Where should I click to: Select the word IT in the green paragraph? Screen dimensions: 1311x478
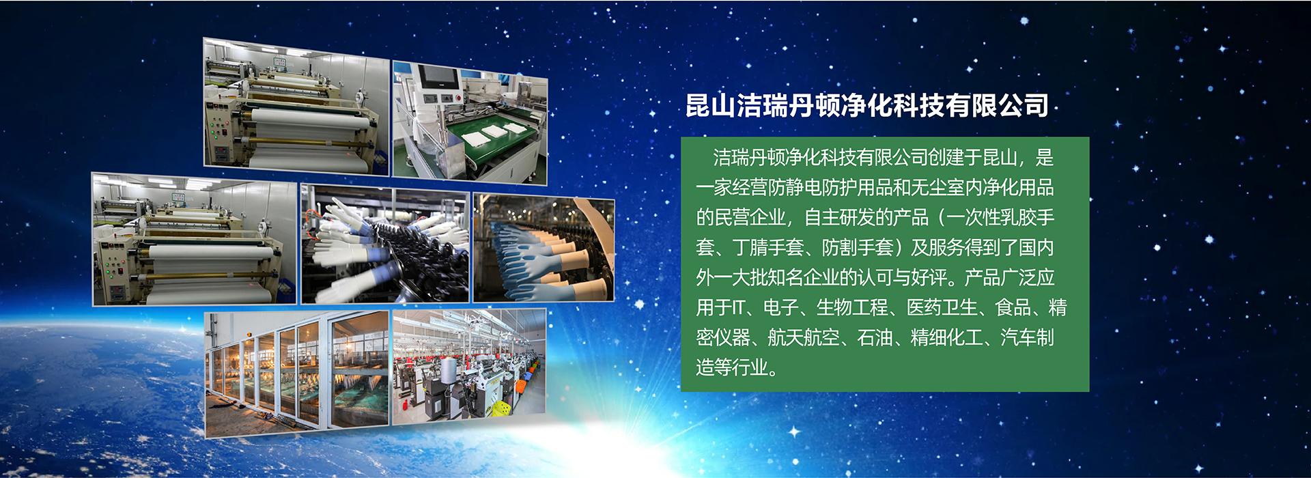[737, 307]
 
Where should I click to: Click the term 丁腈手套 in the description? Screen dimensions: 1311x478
[768, 247]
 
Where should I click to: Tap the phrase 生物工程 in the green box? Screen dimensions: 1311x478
[852, 307]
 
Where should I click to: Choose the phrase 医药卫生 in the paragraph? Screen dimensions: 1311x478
[942, 307]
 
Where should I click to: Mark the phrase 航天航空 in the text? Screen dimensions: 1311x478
[804, 337]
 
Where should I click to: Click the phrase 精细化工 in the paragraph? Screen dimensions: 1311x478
[946, 337]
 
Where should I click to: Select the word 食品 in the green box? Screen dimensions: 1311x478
[1013, 307]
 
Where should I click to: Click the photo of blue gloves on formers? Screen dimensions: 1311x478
[544, 249]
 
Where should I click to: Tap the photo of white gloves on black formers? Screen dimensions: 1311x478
[386, 244]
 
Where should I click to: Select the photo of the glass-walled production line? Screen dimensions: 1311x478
[297, 374]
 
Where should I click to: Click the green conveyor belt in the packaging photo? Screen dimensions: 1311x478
[495, 140]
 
